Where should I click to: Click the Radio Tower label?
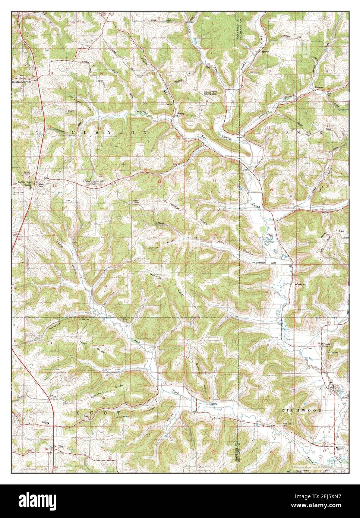tap(136, 202)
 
